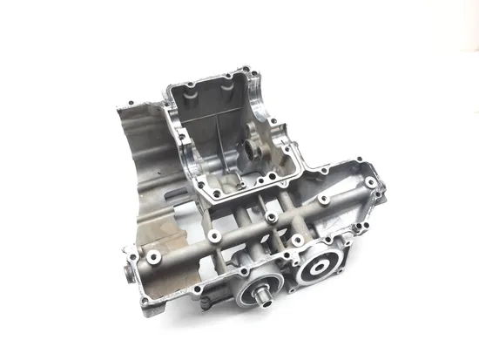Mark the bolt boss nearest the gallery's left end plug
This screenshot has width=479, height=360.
pyautogui.click(x=152, y=258)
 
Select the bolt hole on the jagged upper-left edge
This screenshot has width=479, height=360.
pyautogui.click(x=127, y=106)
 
